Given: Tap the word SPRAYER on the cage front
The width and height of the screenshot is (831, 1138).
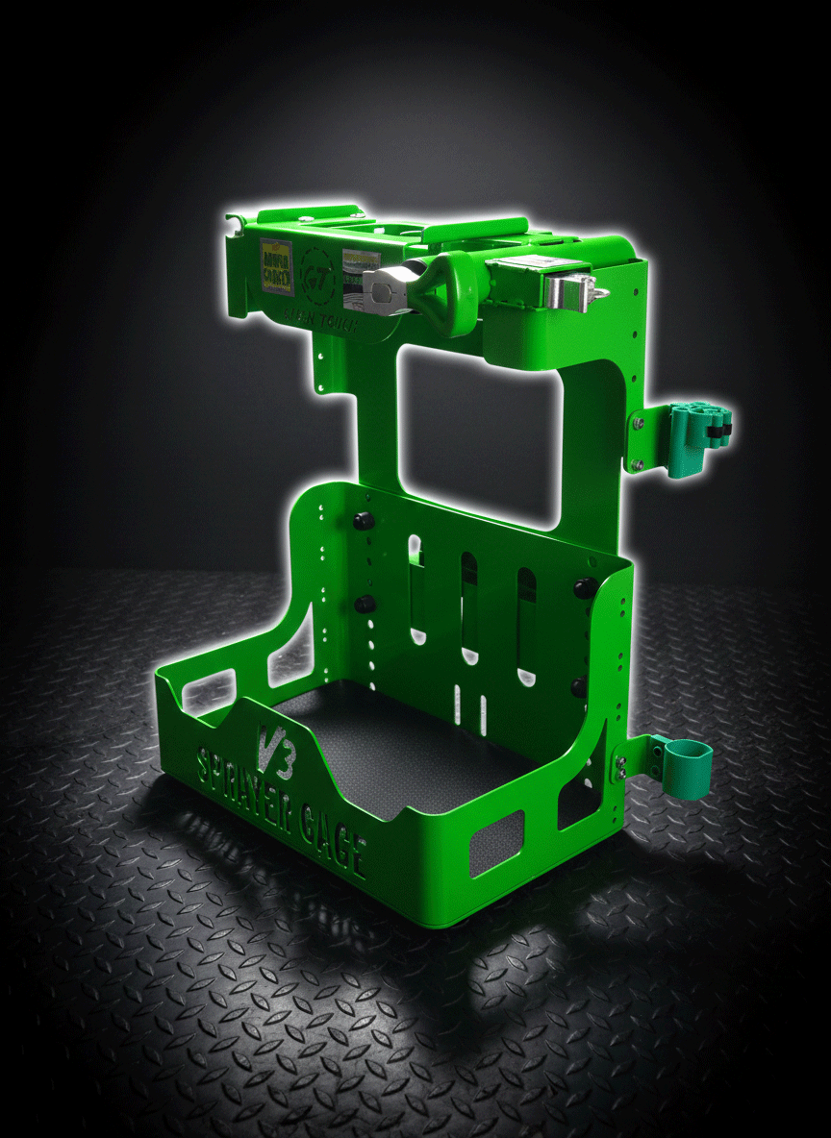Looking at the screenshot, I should [x=244, y=778].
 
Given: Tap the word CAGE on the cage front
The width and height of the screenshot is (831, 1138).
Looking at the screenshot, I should [x=333, y=834].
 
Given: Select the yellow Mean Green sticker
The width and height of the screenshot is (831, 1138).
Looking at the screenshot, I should [x=275, y=260].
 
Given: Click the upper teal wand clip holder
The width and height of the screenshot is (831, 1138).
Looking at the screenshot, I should [x=696, y=430].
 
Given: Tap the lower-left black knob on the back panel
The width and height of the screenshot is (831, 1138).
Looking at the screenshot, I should [x=365, y=605].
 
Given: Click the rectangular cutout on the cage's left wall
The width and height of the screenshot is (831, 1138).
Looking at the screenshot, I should [x=208, y=693].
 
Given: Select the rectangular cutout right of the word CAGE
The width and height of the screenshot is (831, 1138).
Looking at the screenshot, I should [x=496, y=843].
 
